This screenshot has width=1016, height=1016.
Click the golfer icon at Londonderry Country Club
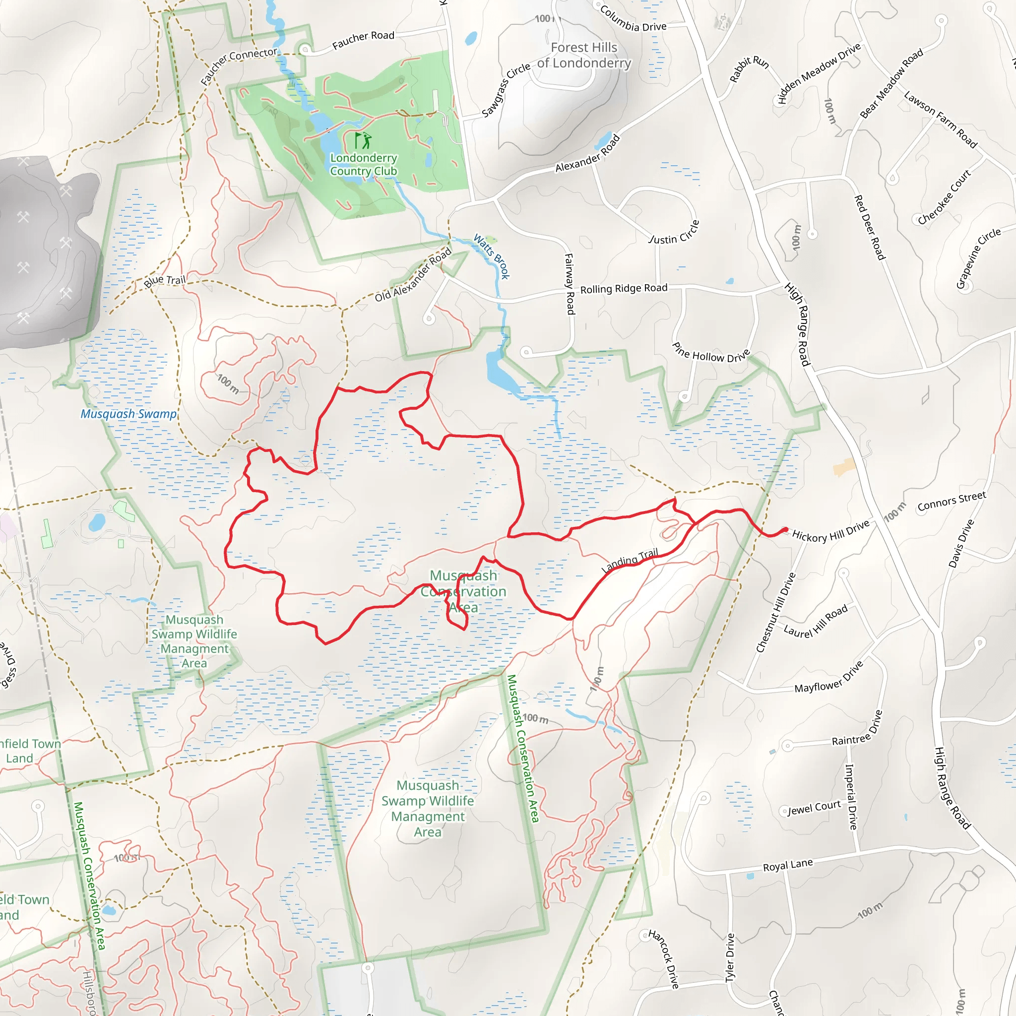click(363, 140)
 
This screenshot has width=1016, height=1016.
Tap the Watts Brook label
click(492, 256)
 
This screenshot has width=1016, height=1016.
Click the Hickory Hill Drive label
click(830, 531)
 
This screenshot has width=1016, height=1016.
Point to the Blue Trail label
click(165, 281)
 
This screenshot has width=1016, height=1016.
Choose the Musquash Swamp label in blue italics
click(128, 414)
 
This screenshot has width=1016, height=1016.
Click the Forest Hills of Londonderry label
click(584, 55)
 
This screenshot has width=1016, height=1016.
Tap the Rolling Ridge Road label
click(624, 289)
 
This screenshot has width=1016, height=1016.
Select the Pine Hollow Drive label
click(711, 354)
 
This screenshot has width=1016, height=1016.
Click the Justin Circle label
click(675, 233)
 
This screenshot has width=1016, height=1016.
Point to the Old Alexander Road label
click(413, 274)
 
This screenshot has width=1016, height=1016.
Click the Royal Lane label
click(788, 865)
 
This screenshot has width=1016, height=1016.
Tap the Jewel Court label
click(814, 808)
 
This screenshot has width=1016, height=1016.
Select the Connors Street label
click(952, 501)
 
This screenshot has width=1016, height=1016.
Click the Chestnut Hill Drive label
click(776, 613)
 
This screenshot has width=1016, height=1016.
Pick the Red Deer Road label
click(870, 227)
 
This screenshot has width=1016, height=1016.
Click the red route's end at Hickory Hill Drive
click(785, 529)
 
